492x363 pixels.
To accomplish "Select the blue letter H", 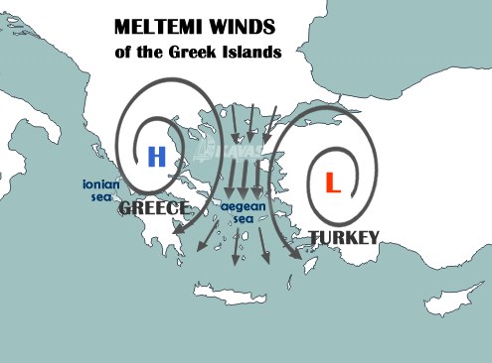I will [x=156, y=156].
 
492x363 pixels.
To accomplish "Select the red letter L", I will [x=332, y=182].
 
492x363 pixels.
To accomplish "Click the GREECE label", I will [x=154, y=209].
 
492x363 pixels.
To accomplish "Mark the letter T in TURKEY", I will [x=314, y=237].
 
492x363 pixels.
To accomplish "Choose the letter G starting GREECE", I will [x=125, y=209].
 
